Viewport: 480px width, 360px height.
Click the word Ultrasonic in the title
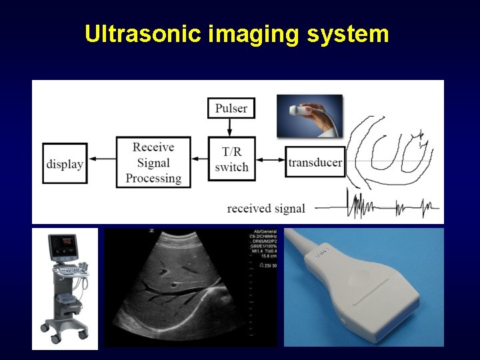tap(142, 33)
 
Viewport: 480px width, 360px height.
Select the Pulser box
tap(231, 108)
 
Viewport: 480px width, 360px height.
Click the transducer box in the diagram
tap(315, 162)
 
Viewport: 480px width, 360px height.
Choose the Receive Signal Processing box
tap(153, 162)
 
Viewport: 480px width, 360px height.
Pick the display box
tap(65, 163)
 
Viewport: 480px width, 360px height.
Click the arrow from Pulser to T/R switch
tap(231, 128)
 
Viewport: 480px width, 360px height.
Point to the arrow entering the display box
tap(102, 159)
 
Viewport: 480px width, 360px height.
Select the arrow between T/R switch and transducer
tap(270, 159)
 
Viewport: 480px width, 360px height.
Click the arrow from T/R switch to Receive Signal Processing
tap(199, 159)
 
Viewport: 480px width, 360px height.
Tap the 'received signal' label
tap(266, 209)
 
